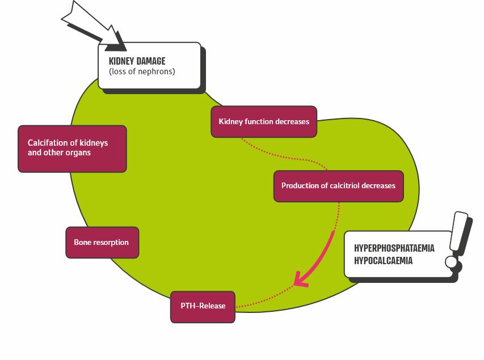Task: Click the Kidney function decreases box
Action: click(264, 121)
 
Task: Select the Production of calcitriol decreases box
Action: click(338, 186)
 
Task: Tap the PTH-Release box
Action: click(203, 306)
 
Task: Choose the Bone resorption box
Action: click(102, 243)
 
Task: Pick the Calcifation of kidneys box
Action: click(72, 148)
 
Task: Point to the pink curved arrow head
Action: click(300, 279)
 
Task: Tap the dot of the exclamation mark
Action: click(452, 262)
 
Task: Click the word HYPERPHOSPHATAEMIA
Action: click(394, 248)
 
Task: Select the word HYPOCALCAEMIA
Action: click(383, 261)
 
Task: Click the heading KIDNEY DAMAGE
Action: click(137, 61)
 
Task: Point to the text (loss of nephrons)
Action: click(142, 72)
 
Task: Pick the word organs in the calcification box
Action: click(78, 153)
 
